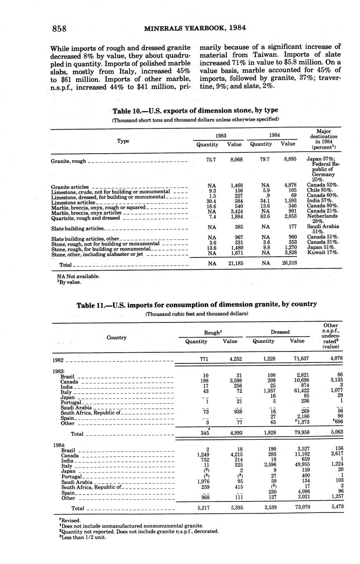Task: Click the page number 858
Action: (x=59, y=28)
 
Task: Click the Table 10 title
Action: (x=195, y=110)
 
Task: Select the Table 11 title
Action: (x=197, y=304)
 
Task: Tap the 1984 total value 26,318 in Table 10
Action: (x=289, y=264)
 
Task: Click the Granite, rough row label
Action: (x=69, y=161)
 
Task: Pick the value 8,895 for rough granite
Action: (x=290, y=159)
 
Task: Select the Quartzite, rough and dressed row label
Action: (x=85, y=218)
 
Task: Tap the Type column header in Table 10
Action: (x=123, y=141)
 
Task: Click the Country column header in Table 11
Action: (x=116, y=338)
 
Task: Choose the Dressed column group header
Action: (x=280, y=332)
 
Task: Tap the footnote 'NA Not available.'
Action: (x=78, y=276)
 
